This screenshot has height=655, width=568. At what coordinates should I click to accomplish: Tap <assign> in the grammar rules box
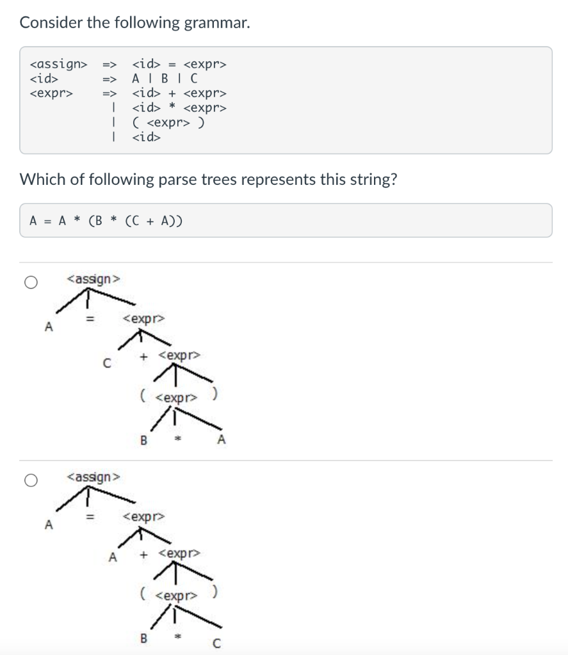pyautogui.click(x=58, y=64)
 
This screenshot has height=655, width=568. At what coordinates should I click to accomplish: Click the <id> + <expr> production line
pyautogui.click(x=179, y=93)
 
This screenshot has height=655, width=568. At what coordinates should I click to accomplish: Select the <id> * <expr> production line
pyautogui.click(x=179, y=107)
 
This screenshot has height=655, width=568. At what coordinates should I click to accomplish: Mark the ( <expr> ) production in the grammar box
pyautogui.click(x=168, y=122)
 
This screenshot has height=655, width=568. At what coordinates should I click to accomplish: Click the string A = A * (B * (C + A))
pyautogui.click(x=106, y=221)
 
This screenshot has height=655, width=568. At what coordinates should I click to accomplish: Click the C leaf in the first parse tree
pyautogui.click(x=107, y=364)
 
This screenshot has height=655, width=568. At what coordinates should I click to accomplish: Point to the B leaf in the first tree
pyautogui.click(x=143, y=440)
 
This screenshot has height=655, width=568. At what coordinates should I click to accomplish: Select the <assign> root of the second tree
pyautogui.click(x=93, y=477)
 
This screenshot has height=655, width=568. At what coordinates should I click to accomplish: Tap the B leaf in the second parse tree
pyautogui.click(x=143, y=638)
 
